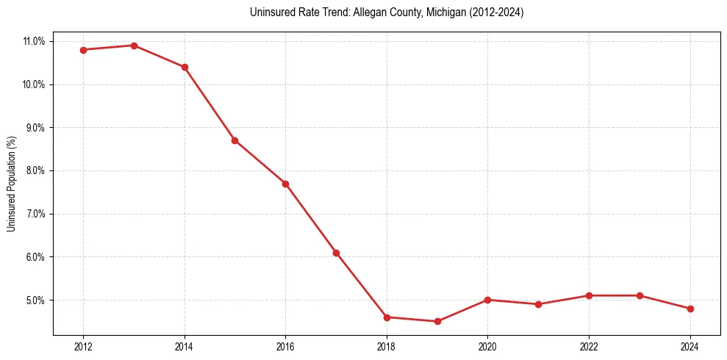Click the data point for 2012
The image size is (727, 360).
[83, 50]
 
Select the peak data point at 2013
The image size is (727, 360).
[134, 46]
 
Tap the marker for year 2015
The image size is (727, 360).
[234, 140]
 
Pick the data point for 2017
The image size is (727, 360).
[336, 253]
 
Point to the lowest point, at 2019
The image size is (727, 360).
[437, 321]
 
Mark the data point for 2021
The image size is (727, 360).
[538, 304]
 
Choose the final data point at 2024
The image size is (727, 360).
[690, 309]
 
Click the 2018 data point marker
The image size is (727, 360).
[387, 317]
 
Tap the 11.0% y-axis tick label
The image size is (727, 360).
[33, 41]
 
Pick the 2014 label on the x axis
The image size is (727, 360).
[185, 348]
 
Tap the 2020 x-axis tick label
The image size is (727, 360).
[487, 348]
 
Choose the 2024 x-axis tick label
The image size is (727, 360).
[690, 348]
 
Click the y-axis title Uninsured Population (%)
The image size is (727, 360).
[11, 184]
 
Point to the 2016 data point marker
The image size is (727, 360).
[285, 184]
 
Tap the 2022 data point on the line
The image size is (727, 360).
[589, 295]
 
